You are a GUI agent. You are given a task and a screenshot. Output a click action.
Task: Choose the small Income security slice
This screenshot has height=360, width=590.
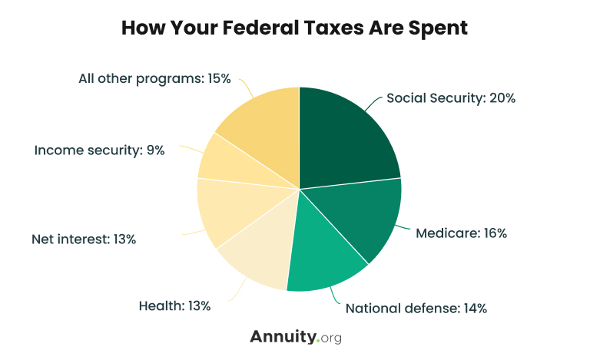click(x=220, y=158)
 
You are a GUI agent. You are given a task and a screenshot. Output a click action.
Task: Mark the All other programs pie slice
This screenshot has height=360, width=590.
click(x=261, y=123)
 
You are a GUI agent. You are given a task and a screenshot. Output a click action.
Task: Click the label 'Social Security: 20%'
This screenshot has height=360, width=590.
click(x=450, y=98)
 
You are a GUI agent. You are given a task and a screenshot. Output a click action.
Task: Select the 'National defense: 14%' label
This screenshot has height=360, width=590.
click(x=416, y=309)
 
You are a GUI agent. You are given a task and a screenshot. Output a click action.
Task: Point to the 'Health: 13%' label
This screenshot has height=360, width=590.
click(x=174, y=306)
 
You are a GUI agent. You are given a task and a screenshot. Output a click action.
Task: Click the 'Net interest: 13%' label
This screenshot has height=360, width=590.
click(x=84, y=239)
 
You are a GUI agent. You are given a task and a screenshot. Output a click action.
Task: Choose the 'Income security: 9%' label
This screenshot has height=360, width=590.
click(x=100, y=150)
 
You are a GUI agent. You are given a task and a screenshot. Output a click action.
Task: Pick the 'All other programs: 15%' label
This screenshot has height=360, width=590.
click(x=154, y=78)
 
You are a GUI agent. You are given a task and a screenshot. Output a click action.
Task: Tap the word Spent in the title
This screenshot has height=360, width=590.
click(x=436, y=28)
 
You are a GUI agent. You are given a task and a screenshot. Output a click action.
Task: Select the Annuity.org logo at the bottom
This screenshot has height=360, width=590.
click(x=295, y=337)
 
